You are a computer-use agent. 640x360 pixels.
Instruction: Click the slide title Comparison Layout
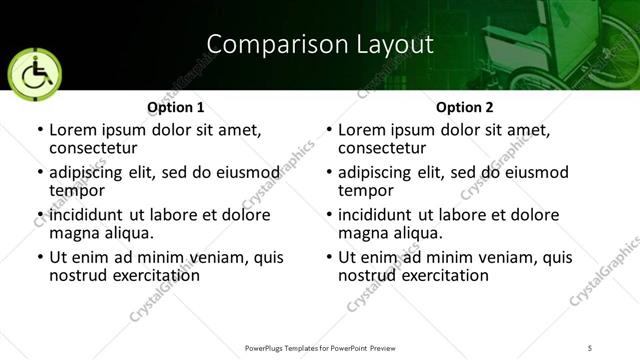click(320, 44)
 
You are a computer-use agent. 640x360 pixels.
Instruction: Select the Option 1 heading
click(175, 107)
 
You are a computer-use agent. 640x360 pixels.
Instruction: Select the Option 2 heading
click(464, 107)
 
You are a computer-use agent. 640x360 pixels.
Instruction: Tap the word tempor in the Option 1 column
click(74, 190)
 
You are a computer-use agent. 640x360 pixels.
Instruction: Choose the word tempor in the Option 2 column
click(363, 190)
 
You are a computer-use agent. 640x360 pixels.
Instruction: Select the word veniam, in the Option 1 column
click(191, 257)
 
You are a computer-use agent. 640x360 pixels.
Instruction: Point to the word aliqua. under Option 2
click(416, 232)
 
